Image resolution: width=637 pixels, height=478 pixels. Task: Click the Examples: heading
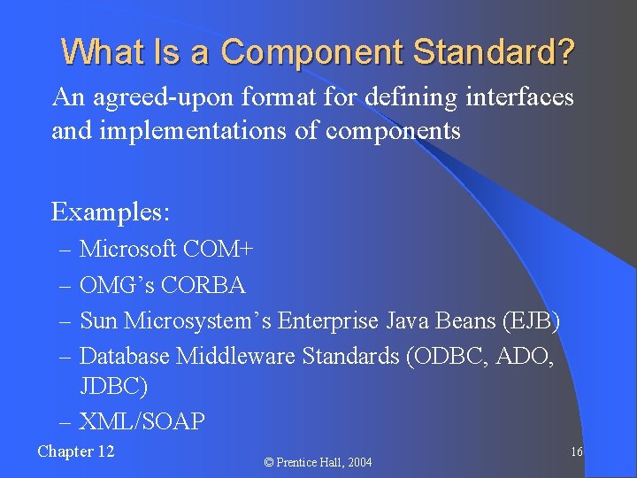pos(111,212)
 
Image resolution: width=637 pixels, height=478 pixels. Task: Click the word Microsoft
pos(128,250)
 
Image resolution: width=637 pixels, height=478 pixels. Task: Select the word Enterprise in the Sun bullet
pos(327,320)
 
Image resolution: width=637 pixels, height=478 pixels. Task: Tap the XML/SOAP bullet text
pos(142,421)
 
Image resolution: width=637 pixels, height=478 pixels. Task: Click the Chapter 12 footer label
pos(76,451)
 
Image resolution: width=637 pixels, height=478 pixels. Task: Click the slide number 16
pos(576,452)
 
